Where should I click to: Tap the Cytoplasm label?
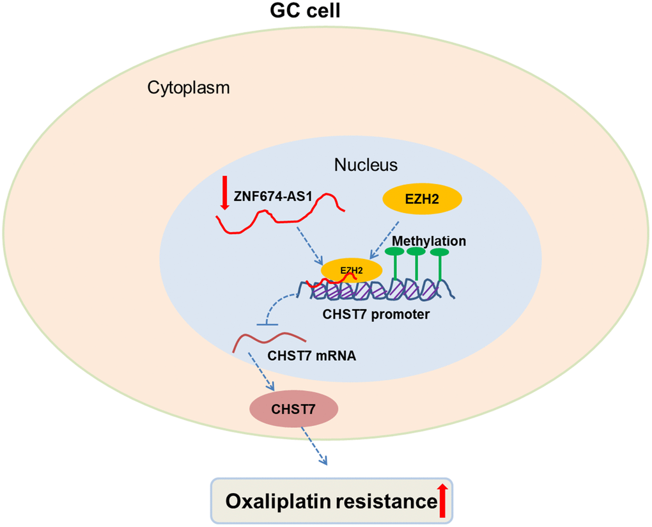(x=189, y=88)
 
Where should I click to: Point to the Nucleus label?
(x=366, y=165)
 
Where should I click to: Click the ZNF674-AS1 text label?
(x=274, y=196)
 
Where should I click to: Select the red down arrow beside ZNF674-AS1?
(x=224, y=193)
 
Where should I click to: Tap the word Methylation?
(x=429, y=241)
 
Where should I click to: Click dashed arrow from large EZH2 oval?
(x=385, y=239)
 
